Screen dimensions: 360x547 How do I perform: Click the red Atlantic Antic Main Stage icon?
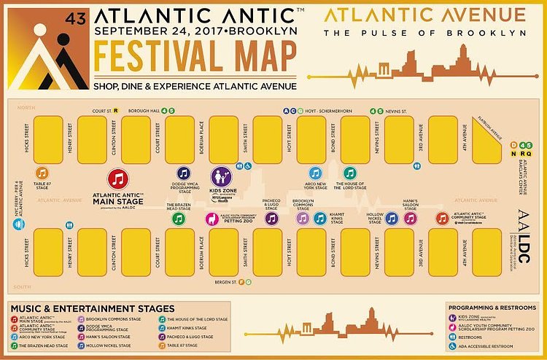click(119, 179)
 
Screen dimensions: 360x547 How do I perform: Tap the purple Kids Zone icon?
click(221, 176)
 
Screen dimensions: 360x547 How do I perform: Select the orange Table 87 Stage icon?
click(42, 173)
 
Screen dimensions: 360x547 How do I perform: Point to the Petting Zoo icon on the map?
click(212, 219)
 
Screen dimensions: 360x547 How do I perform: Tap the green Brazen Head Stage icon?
click(178, 219)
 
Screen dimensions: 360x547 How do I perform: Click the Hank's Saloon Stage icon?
click(410, 218)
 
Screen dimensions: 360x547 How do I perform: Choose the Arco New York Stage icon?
click(315, 173)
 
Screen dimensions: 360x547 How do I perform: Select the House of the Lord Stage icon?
click(349, 173)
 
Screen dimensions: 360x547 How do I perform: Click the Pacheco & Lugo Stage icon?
click(271, 219)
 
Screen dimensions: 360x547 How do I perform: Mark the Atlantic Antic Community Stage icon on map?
click(442, 218)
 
